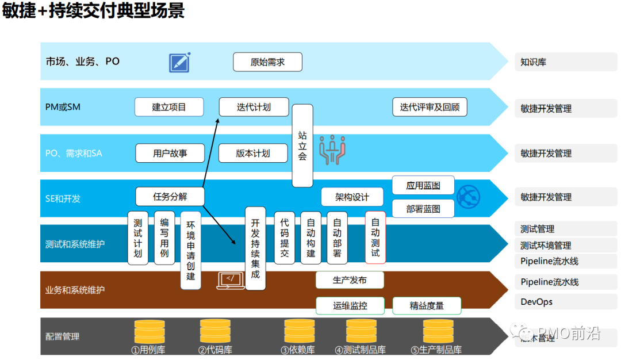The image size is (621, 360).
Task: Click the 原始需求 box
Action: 267,62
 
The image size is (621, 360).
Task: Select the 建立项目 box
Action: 169,107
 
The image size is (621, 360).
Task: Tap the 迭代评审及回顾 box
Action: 430,107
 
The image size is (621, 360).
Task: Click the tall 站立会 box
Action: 302,145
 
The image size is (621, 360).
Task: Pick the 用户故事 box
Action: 170,153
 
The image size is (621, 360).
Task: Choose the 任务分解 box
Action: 170,196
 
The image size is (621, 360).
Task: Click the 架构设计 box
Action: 352,197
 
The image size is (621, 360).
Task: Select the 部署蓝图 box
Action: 423,209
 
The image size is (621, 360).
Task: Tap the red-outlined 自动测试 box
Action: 375,237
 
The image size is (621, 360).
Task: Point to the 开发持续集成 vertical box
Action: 255,248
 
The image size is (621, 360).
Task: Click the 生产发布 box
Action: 350,280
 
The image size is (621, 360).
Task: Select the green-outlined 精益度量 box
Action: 427,305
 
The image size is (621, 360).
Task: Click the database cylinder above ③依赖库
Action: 300,331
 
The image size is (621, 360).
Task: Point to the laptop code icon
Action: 231,280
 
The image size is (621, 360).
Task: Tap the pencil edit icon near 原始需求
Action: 179,62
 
